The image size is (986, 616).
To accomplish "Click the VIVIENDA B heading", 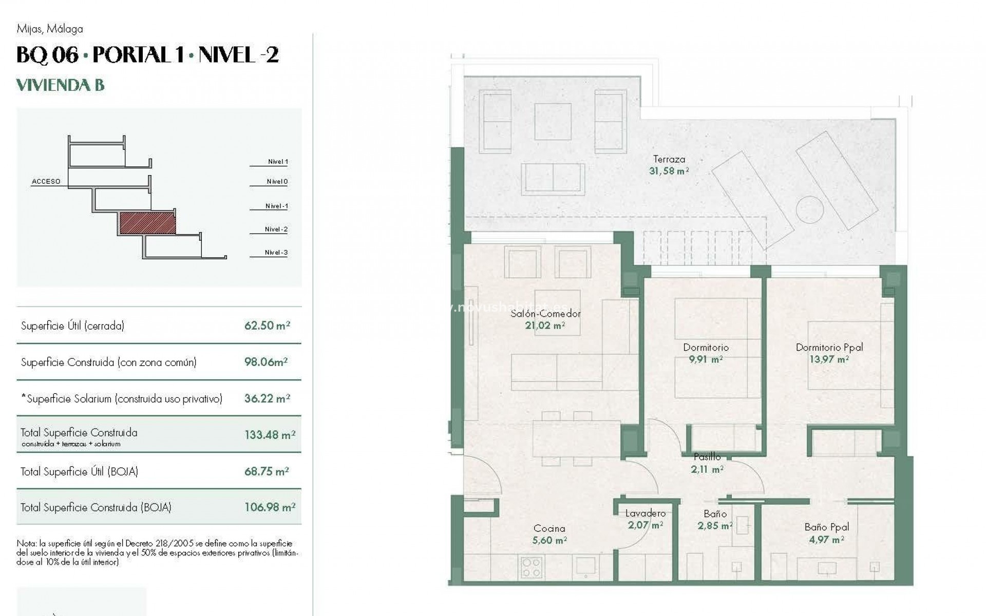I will click(61, 85).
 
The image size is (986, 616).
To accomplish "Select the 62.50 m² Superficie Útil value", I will click(267, 325).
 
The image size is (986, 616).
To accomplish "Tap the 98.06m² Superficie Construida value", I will click(266, 362).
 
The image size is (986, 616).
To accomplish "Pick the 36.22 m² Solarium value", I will click(267, 398).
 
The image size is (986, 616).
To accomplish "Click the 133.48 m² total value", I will click(270, 435).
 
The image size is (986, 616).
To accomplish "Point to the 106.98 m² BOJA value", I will click(270, 507).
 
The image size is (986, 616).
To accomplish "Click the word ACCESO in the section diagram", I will click(46, 181).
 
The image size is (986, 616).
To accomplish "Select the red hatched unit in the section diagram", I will click(148, 224).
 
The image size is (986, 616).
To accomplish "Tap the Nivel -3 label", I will click(276, 253).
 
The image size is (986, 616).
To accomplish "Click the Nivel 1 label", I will click(278, 162).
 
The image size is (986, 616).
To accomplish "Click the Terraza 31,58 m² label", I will click(669, 165).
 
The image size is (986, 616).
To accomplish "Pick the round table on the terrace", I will click(810, 209).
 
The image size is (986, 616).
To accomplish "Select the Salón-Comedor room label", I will click(545, 314).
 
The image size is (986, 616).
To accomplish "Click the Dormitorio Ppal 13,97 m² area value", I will click(829, 360).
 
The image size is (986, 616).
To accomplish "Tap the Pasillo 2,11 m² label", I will click(707, 463).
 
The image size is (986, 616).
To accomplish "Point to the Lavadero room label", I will click(646, 513).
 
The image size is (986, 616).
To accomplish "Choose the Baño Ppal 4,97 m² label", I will click(826, 533).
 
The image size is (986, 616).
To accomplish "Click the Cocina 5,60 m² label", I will click(549, 534).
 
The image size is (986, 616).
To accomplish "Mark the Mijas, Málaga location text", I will click(50, 29).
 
